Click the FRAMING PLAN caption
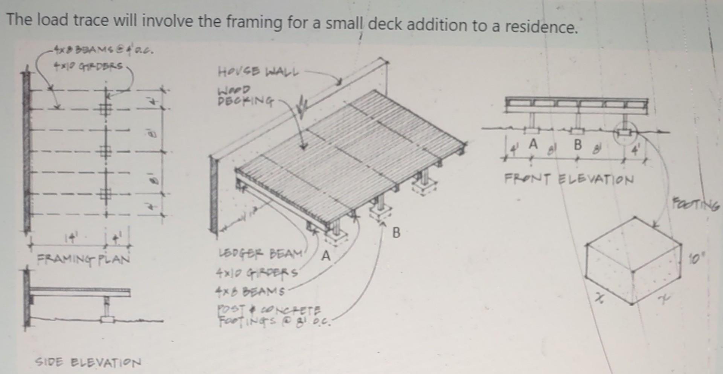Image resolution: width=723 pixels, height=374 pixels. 83,259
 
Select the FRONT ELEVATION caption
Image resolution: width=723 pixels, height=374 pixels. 569,179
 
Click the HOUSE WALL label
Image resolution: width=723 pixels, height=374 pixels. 258,72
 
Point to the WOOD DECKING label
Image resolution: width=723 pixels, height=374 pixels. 245,96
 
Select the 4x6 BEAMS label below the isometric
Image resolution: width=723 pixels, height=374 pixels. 250,291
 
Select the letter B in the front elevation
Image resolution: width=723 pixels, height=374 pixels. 578,144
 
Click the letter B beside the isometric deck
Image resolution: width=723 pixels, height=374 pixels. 396,233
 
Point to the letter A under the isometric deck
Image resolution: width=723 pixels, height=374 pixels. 326,256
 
